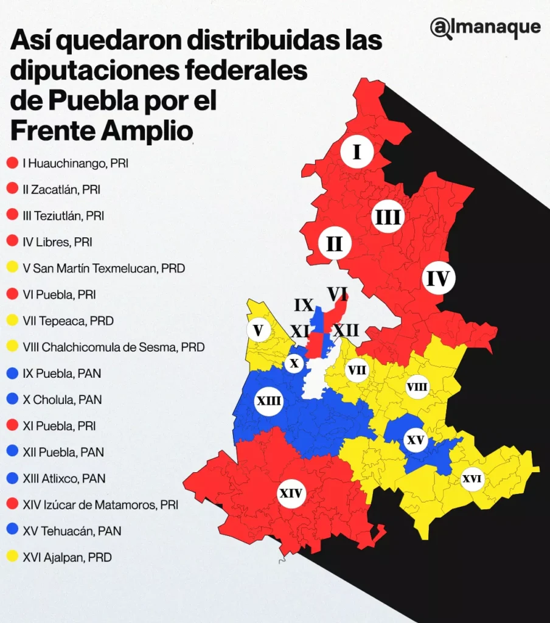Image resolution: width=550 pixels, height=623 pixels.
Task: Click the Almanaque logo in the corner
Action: pos(485,27)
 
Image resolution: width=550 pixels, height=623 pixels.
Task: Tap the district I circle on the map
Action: pos(357,152)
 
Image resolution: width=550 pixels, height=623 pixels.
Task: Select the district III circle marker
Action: pos(388,217)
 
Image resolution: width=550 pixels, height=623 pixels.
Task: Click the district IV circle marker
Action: pos(437,279)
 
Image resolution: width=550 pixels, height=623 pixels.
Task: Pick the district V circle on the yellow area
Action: pos(259,330)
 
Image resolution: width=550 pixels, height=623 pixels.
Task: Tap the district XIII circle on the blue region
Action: pos(268,401)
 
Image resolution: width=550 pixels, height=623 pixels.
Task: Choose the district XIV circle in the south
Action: pos(290,493)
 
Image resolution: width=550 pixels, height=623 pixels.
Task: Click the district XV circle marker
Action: pos(415,440)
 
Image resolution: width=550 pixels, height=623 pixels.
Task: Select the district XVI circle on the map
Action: pos(472,479)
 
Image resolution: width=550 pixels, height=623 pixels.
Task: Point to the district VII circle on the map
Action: pos(357,370)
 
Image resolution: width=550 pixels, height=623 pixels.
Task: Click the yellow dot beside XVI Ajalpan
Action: pos(12,557)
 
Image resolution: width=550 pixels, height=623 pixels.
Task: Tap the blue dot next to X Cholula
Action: pos(12,400)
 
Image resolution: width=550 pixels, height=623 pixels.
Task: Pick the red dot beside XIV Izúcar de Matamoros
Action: pos(12,504)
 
